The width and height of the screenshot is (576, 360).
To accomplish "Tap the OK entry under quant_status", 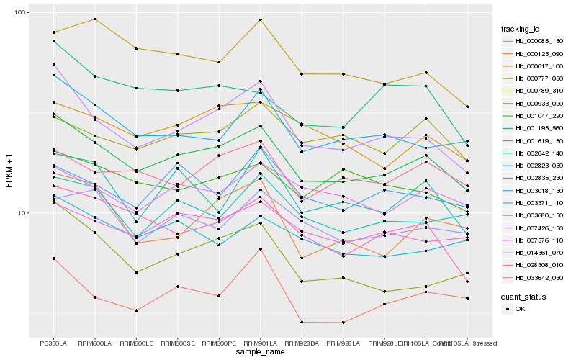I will coord(520,309).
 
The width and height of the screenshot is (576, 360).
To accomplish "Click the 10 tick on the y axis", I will coord(21,213).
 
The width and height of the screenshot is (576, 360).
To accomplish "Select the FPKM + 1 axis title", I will coord(9,175).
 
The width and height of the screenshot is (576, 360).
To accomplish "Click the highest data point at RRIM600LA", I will coord(95,19).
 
